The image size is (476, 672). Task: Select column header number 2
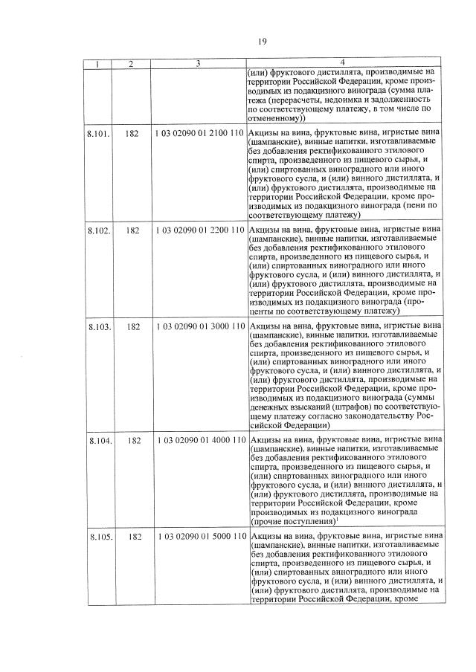131,64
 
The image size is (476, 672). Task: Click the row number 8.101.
99,133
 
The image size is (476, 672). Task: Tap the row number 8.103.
99,326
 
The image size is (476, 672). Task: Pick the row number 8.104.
99,441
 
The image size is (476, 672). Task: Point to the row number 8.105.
99,537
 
